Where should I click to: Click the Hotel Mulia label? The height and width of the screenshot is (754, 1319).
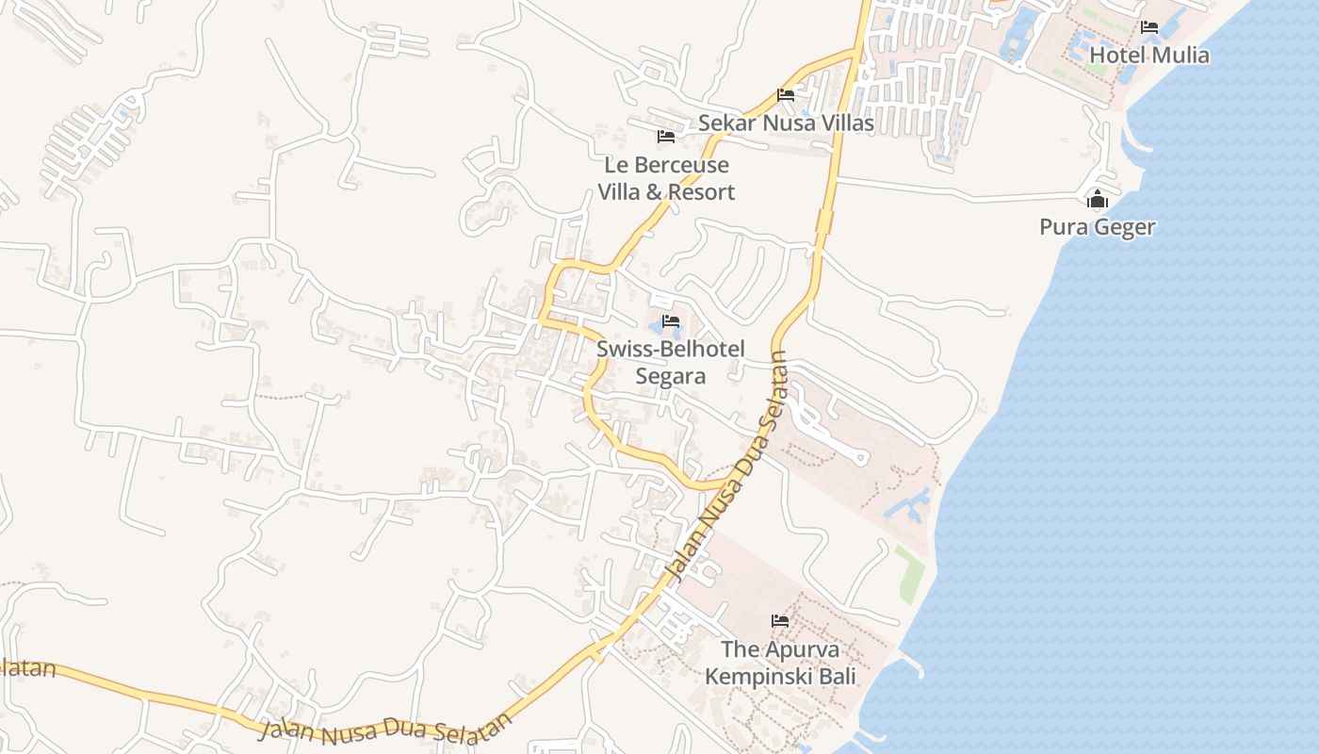click(x=1148, y=55)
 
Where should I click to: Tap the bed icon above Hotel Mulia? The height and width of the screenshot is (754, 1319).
click(x=1149, y=27)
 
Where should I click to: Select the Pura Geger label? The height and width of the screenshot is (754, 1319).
click(x=1097, y=227)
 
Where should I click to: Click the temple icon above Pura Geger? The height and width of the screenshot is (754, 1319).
click(x=1097, y=200)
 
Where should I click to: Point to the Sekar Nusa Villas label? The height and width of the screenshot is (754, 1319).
click(x=785, y=123)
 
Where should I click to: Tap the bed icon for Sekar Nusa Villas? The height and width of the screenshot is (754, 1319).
click(x=785, y=94)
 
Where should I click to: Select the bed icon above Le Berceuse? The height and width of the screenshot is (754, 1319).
click(x=666, y=137)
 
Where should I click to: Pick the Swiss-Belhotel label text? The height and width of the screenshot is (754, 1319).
click(x=671, y=349)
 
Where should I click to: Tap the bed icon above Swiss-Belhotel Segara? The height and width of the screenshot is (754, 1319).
click(x=671, y=321)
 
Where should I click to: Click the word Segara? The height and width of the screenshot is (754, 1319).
click(x=671, y=376)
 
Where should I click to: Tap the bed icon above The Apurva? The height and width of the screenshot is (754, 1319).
click(x=780, y=621)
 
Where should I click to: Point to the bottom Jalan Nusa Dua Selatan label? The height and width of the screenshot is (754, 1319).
click(x=386, y=729)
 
